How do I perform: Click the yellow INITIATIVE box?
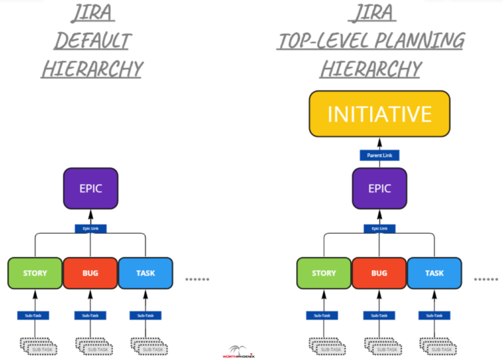(379, 114)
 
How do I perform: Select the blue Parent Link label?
(379, 155)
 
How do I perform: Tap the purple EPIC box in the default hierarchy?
(90, 189)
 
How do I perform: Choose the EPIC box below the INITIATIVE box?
(379, 189)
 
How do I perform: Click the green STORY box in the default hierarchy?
(35, 273)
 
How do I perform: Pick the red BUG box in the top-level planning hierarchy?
(379, 273)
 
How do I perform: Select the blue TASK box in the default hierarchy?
(145, 273)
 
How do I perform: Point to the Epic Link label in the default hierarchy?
(90, 228)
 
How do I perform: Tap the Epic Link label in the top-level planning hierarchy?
(379, 228)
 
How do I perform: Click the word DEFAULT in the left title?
(92, 41)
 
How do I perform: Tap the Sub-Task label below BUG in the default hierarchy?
(90, 315)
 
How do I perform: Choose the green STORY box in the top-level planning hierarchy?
(324, 273)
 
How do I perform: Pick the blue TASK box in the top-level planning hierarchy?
(434, 273)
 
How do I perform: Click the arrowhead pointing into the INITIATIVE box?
(379, 141)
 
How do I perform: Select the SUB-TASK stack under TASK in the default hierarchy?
(147, 345)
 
